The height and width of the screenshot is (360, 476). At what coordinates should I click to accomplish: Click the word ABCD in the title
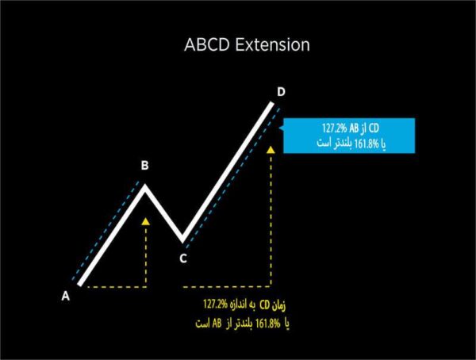click(207, 45)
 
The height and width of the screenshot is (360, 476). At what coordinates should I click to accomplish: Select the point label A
click(66, 297)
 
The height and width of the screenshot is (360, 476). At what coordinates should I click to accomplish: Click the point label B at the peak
click(144, 166)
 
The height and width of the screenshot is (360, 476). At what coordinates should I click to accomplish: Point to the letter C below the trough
click(182, 257)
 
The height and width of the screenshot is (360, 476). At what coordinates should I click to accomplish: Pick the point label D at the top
click(281, 93)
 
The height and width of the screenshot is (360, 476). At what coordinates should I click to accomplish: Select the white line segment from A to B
click(111, 234)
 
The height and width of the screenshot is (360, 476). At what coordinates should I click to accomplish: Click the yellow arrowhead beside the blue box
click(272, 148)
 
